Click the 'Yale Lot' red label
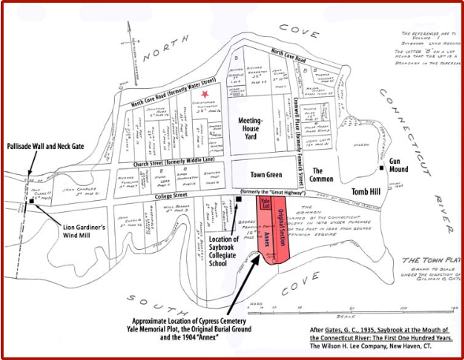click(x=265, y=205)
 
